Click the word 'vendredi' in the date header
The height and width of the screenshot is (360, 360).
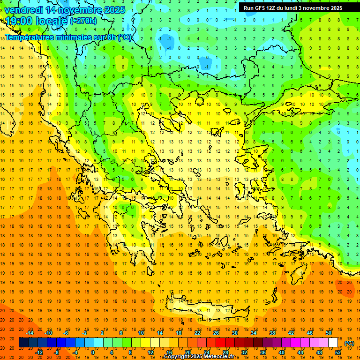click(x=24, y=10)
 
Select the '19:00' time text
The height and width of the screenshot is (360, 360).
click(x=19, y=21)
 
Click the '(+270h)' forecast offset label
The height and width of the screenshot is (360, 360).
click(x=83, y=21)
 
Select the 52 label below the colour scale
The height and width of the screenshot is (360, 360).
click(x=338, y=352)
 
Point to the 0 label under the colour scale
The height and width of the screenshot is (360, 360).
click(x=93, y=352)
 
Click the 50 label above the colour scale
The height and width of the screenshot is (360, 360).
click(x=328, y=332)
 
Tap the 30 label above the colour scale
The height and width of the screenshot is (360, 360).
click(x=234, y=332)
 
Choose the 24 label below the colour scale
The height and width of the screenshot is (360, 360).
click(x=207, y=352)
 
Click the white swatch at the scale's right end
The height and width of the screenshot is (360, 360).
click(x=333, y=343)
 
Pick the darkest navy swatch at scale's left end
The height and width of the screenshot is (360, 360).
click(x=23, y=343)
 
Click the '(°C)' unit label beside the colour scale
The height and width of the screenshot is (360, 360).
click(x=349, y=343)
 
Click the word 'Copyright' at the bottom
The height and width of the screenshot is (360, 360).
click(x=177, y=357)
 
